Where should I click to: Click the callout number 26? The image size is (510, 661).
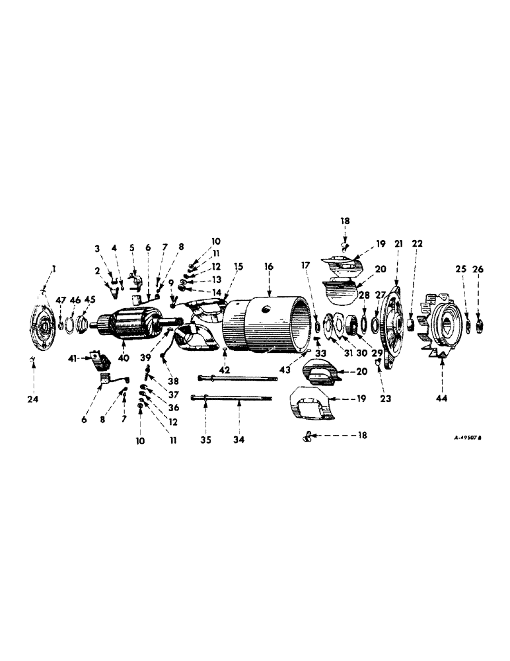point(479,269)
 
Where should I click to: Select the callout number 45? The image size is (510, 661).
point(89,299)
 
